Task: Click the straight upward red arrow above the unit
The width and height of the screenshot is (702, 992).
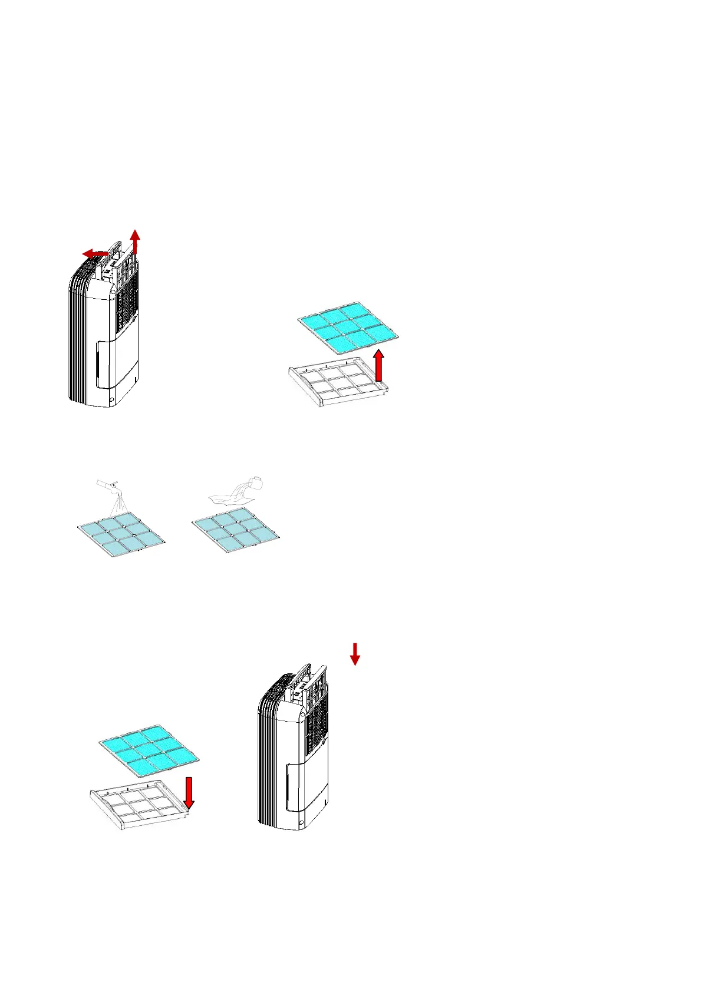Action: click(x=136, y=240)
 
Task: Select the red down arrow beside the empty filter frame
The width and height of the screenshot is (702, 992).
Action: click(x=189, y=793)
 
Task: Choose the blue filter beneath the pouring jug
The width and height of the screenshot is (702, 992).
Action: click(x=236, y=531)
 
